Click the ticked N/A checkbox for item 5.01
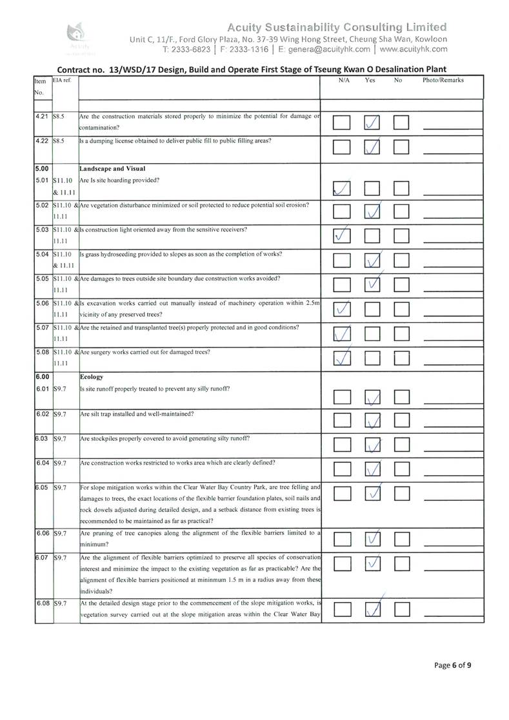343,188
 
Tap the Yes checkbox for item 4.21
373,122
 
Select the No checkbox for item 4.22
402,148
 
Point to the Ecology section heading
91,376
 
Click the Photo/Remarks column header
443,81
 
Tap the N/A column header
344,81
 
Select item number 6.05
43,487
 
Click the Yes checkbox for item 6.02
373,420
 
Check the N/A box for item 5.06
343,310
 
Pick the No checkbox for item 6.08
402,609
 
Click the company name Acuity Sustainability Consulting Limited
337,27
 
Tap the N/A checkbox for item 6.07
343,565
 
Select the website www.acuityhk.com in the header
413,48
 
